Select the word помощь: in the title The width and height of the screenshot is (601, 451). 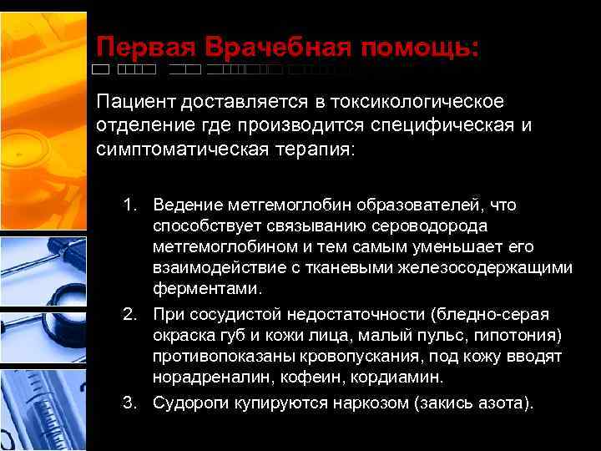(420, 48)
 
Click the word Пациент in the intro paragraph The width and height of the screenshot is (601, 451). (130, 102)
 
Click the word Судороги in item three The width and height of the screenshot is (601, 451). (188, 403)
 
